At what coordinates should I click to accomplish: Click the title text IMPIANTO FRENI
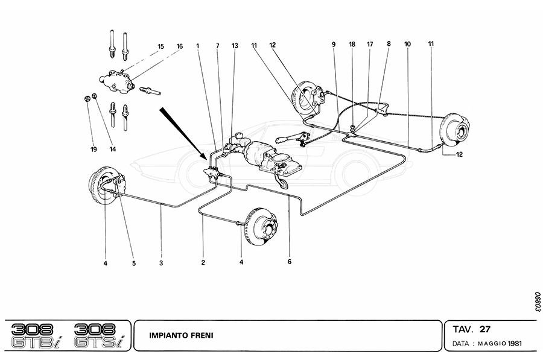point(182,335)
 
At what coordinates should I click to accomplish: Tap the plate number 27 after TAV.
point(484,329)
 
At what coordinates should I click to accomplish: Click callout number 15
point(160,46)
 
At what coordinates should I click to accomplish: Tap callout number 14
point(112,148)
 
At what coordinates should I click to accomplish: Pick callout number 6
point(290,262)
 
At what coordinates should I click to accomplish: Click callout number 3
point(161,262)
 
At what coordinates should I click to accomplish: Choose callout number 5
point(134,262)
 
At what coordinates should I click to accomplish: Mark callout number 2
point(203,262)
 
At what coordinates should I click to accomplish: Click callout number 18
point(352,44)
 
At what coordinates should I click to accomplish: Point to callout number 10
point(408,44)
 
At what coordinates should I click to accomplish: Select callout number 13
point(235,45)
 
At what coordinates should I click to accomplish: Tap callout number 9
point(333,44)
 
